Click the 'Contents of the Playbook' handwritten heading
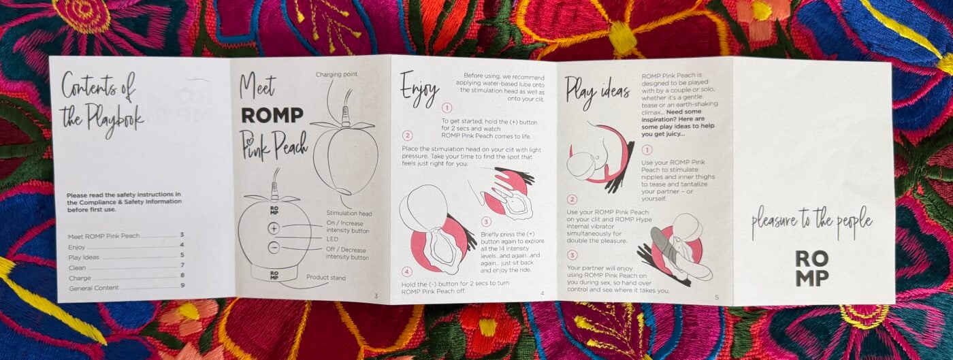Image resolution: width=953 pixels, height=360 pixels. click(101, 105)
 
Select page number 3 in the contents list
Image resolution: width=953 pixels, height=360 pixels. click(182, 235)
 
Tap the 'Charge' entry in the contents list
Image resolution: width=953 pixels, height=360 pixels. click(80, 278)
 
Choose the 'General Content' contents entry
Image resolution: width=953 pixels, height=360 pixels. click(94, 288)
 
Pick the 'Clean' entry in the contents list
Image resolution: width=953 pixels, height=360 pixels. click(77, 267)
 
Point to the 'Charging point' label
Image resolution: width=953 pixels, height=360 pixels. click(336, 74)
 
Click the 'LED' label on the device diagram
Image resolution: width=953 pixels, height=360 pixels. click(332, 239)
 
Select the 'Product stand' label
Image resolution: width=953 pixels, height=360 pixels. click(326, 278)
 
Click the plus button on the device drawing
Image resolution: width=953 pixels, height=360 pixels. click(274, 229)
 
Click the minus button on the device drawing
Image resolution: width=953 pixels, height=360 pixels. click(274, 248)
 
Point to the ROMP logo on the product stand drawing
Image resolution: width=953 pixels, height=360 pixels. click(274, 276)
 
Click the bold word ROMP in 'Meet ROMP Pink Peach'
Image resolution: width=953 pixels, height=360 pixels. click(272, 115)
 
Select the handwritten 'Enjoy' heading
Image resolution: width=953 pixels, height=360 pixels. click(419, 91)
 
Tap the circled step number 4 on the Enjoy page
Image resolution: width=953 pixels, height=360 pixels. click(407, 272)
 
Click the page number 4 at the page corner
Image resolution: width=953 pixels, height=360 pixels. click(542, 293)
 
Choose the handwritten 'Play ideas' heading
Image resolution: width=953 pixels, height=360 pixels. click(597, 93)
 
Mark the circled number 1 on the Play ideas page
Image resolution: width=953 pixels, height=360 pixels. click(647, 150)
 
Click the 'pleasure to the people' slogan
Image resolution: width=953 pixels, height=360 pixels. click(811, 223)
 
